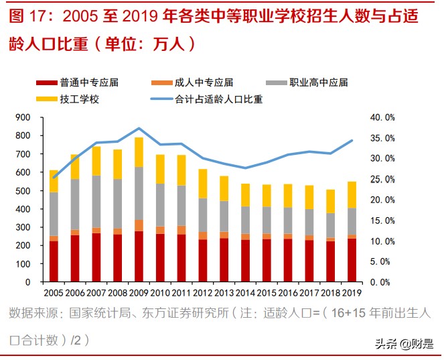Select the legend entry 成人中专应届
203,82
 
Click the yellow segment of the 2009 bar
139,152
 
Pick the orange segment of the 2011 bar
181,230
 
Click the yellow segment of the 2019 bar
352,194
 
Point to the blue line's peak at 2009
139,128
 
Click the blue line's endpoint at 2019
352,140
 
